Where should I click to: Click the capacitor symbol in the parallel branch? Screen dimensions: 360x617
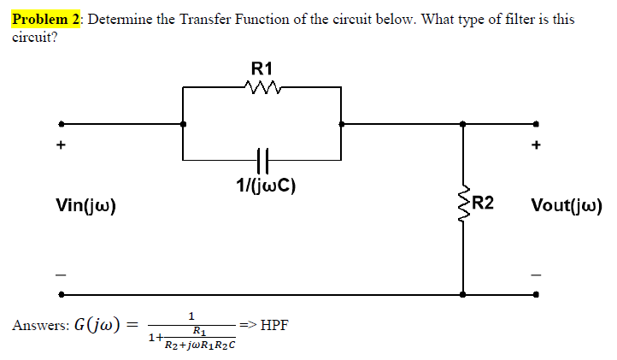point(262,158)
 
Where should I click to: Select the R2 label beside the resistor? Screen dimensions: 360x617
point(483,204)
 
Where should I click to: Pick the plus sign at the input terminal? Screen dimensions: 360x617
point(60,145)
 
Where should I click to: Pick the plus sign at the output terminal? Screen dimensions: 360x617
point(536,145)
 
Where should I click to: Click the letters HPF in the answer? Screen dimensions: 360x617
point(274,325)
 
